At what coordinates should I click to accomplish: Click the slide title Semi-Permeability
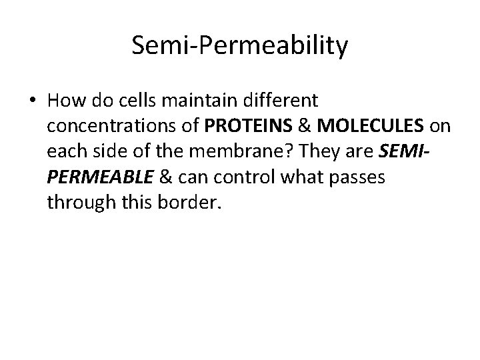click(x=240, y=46)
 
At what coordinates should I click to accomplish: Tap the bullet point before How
click(x=33, y=102)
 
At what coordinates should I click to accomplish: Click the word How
click(x=63, y=101)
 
